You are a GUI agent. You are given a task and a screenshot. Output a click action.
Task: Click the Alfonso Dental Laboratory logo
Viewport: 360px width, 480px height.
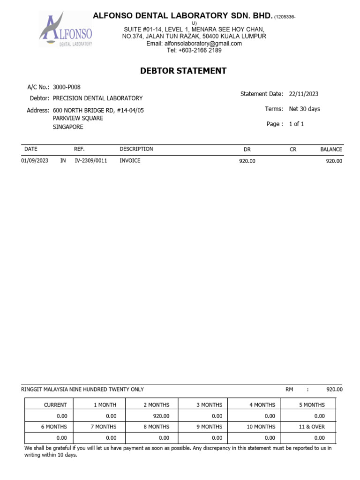66,30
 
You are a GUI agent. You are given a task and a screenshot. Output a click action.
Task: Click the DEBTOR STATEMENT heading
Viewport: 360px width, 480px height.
183,71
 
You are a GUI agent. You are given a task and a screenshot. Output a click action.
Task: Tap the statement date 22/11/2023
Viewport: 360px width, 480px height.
304,94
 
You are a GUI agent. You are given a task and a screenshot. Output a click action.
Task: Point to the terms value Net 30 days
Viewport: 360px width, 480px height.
305,109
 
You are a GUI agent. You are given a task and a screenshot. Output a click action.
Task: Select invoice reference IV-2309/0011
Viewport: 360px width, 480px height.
91,161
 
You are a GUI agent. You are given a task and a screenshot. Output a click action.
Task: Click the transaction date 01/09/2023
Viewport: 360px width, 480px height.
35,161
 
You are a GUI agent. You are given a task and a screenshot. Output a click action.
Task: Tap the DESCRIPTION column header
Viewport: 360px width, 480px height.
136,149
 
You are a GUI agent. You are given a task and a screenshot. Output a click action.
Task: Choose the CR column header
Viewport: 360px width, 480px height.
293,150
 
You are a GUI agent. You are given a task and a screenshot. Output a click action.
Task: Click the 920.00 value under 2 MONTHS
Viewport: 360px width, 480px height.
161,416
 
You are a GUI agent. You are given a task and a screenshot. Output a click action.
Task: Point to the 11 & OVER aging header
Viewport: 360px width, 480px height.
312,427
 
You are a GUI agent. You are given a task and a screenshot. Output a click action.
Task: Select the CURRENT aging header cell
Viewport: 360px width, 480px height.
55,405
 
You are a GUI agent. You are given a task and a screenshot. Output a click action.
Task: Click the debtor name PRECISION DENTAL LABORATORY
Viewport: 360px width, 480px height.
97,98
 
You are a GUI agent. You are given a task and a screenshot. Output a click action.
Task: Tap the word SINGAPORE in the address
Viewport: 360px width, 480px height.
68,127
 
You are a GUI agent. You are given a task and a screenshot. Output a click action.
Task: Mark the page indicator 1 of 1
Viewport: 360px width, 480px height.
296,124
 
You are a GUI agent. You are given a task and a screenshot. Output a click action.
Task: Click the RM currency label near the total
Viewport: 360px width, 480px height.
289,390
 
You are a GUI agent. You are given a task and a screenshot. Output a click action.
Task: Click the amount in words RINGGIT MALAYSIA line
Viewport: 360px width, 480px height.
82,390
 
